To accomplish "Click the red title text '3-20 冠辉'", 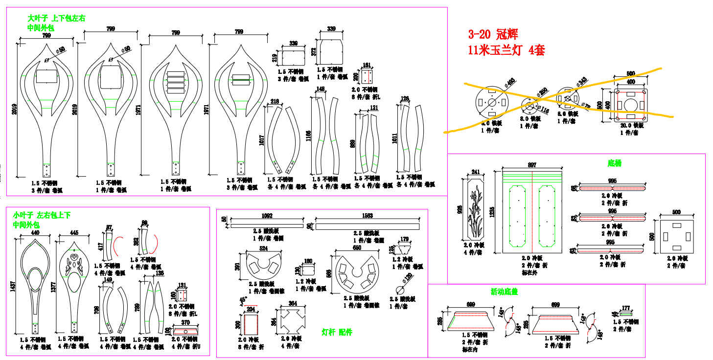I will [x=493, y=35].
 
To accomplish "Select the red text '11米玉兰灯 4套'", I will [x=506, y=50].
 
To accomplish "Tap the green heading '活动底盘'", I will [x=504, y=292].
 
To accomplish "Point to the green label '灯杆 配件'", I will [x=337, y=332].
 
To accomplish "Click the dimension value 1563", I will [x=367, y=216].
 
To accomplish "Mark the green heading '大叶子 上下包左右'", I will [x=56, y=19].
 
